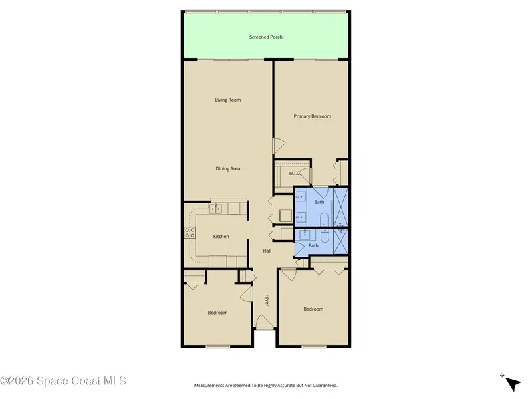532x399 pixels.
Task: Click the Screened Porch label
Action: [265, 37]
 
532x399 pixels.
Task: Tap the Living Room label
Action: [228, 100]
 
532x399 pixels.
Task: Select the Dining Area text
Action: [228, 169]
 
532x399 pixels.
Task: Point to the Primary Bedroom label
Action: [312, 116]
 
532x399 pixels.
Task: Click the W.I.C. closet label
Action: [294, 173]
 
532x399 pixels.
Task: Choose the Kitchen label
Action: [221, 237]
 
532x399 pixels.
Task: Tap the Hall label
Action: [267, 251]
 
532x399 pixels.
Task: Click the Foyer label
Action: [267, 300]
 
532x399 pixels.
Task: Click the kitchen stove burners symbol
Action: [190, 233]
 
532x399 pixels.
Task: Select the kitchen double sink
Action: [215, 209]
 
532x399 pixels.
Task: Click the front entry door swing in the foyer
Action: [263, 321]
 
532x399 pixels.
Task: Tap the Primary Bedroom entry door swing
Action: [279, 145]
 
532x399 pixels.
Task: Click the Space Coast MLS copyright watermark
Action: [63, 380]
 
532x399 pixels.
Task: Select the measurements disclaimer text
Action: [265, 386]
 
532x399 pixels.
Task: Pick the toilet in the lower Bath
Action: [325, 236]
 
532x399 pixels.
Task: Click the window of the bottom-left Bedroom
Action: [218, 346]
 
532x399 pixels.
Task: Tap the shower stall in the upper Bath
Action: [341, 207]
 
